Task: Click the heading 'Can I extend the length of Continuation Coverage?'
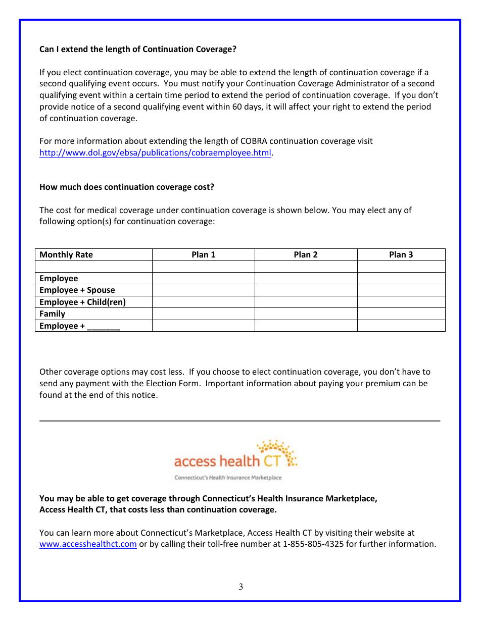coord(137,49)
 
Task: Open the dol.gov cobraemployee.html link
coord(156,152)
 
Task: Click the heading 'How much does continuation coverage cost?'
coord(126,187)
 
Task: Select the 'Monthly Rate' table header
coord(66,254)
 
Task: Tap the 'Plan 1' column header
coord(203,254)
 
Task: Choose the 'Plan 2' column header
coord(306,254)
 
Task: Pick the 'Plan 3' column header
coord(401,254)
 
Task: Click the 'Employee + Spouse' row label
coord(77,290)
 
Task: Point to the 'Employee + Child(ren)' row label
coord(82,302)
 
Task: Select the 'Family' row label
coord(52,314)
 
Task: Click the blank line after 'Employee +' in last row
coord(104,326)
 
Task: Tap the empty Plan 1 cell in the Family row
coord(203,314)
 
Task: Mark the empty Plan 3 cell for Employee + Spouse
coord(401,290)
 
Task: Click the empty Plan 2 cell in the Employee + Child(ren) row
coord(306,302)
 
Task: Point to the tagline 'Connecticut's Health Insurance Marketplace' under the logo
coord(228,478)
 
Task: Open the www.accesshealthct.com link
coord(88,544)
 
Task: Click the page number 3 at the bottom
coord(241,587)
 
